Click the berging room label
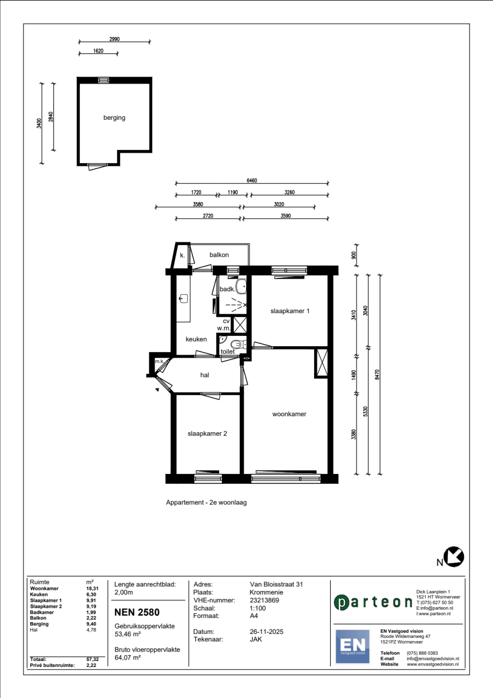point(114,118)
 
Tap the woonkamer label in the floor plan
point(289,414)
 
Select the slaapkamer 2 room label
point(207,434)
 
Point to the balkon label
point(219,255)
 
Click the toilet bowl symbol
point(238,345)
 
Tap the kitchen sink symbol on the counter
point(183,299)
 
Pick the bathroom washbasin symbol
point(242,287)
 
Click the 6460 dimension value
point(251,181)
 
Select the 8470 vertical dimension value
point(378,374)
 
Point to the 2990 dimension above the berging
point(114,39)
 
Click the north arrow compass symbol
point(454,557)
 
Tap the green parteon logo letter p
point(342,603)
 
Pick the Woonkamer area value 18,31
point(92,588)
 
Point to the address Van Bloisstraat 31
point(276,584)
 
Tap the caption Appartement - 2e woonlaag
point(206,503)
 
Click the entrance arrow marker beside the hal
point(157,389)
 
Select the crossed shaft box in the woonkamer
point(321,364)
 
